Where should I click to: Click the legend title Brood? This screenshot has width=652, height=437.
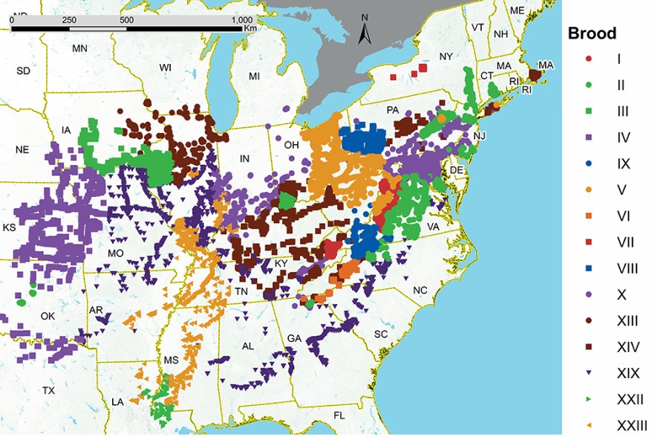[592, 34]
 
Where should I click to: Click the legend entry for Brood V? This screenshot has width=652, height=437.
[620, 190]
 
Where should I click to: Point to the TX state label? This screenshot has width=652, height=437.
[48, 390]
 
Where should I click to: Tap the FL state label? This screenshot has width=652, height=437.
[339, 415]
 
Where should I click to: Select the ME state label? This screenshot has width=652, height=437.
[517, 10]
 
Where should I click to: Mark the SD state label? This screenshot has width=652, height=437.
[24, 71]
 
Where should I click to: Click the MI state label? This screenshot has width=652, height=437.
[255, 77]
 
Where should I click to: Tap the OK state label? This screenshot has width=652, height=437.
[48, 316]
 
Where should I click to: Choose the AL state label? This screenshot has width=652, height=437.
[248, 346]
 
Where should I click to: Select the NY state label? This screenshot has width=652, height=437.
[446, 56]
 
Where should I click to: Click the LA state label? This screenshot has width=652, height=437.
[117, 401]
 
